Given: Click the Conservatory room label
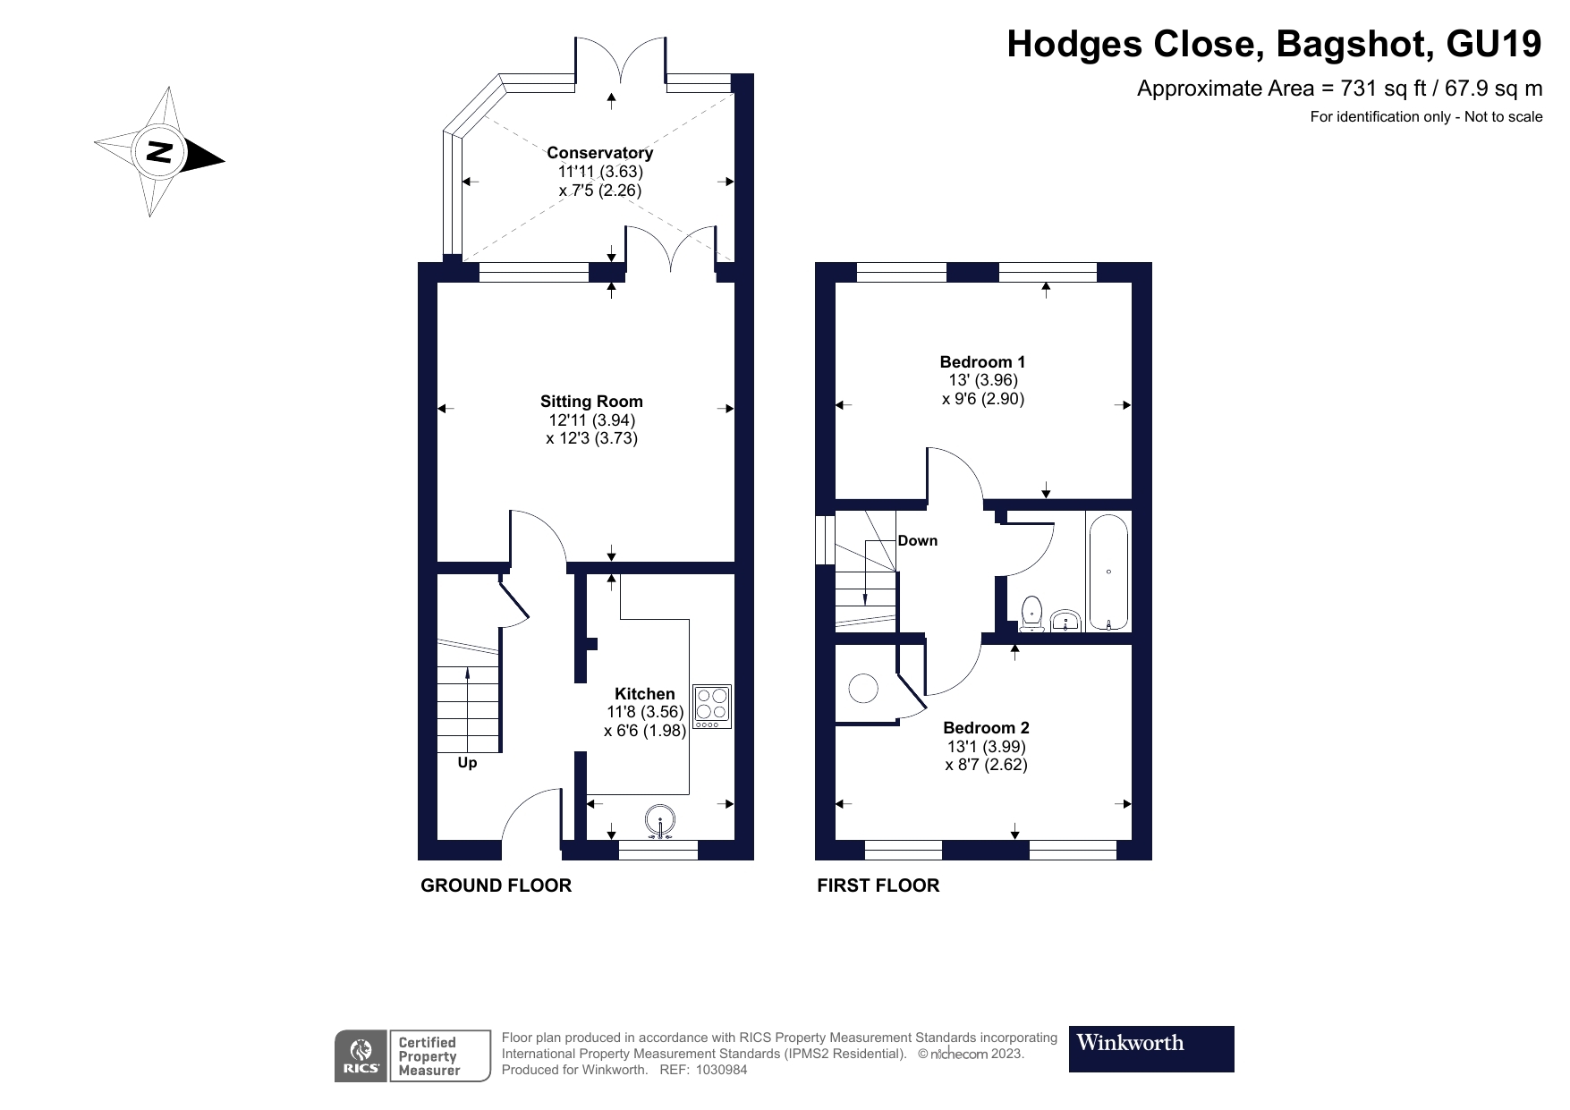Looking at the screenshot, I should (599, 153).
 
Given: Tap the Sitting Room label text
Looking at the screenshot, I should (591, 402).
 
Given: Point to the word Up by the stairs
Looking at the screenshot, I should (467, 763).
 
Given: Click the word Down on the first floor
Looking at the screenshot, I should (917, 540).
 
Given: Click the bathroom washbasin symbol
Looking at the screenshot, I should (1065, 621).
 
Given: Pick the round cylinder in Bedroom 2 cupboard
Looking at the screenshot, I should (863, 689).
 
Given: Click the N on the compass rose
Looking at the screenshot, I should (159, 151).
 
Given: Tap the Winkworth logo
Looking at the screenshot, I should (1150, 1048).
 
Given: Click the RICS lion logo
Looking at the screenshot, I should (361, 1055).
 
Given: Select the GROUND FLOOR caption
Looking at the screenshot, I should (496, 885).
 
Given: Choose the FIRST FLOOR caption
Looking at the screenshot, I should (878, 885).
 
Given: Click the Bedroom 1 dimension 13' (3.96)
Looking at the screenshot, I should (982, 380).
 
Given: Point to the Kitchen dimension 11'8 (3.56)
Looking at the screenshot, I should (644, 712).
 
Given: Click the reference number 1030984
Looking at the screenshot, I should (715, 1070).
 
